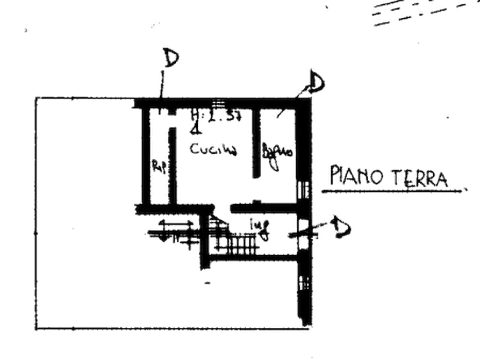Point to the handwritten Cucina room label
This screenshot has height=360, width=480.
(x=213, y=149)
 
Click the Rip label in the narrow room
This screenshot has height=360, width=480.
(x=160, y=167)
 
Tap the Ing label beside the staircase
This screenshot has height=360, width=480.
(x=263, y=229)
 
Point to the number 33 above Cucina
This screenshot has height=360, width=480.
(x=233, y=114)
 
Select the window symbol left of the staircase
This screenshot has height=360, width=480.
(x=170, y=232)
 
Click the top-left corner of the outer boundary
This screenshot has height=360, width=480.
(x=37, y=97)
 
